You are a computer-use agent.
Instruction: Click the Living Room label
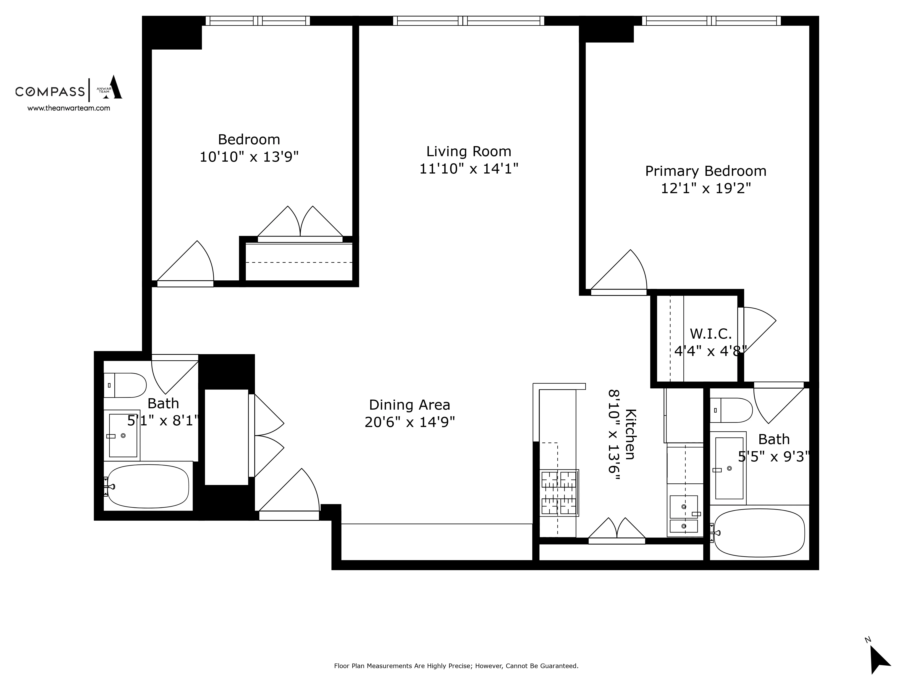(x=468, y=152)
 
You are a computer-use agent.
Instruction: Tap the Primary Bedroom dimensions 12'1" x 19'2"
(x=705, y=189)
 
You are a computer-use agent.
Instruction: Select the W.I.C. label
(x=710, y=333)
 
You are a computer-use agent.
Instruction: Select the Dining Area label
(x=409, y=405)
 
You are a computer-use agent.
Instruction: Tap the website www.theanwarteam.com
(x=68, y=108)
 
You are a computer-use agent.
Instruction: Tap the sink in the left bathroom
(x=123, y=436)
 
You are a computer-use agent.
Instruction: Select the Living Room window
(x=468, y=21)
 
